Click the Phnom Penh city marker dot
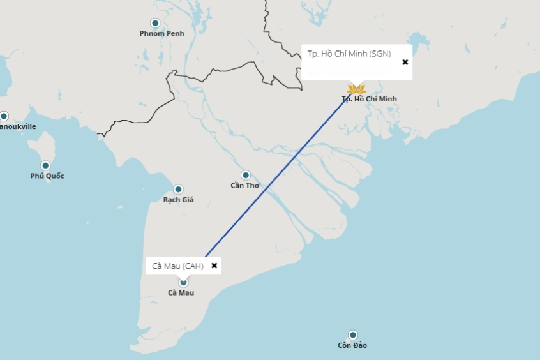coord(155,23)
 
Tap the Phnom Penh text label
coord(161,33)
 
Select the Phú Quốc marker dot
coord(45,165)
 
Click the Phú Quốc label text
coord(47,176)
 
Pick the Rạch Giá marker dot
coord(178,189)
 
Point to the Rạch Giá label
coord(178,200)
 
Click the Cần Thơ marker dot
coord(245,175)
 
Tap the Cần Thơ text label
coord(245,186)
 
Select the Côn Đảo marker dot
coord(352,335)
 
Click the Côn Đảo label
coord(352,346)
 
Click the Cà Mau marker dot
coord(183,282)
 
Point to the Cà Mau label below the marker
coord(181,293)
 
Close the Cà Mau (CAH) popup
coord(214,266)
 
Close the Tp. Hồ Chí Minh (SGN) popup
coord(405,62)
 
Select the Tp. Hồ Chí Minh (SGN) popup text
coord(349,54)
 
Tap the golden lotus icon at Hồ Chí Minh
coord(356,89)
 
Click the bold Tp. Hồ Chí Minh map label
coord(369,99)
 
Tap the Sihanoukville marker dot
coord(4,116)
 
